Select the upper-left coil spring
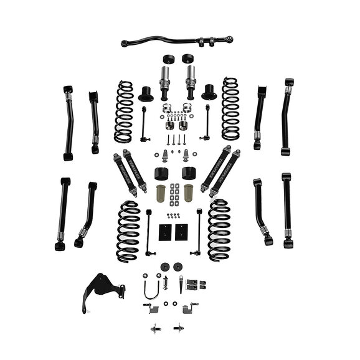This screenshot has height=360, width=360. (124, 111)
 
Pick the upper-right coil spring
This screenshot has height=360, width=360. (230, 108)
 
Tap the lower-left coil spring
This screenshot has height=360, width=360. (128, 231)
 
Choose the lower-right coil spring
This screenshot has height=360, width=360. (219, 230)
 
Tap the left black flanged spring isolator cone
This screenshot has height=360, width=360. (146, 94)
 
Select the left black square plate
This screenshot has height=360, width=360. (165, 232)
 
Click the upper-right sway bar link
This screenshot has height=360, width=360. (206, 121)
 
